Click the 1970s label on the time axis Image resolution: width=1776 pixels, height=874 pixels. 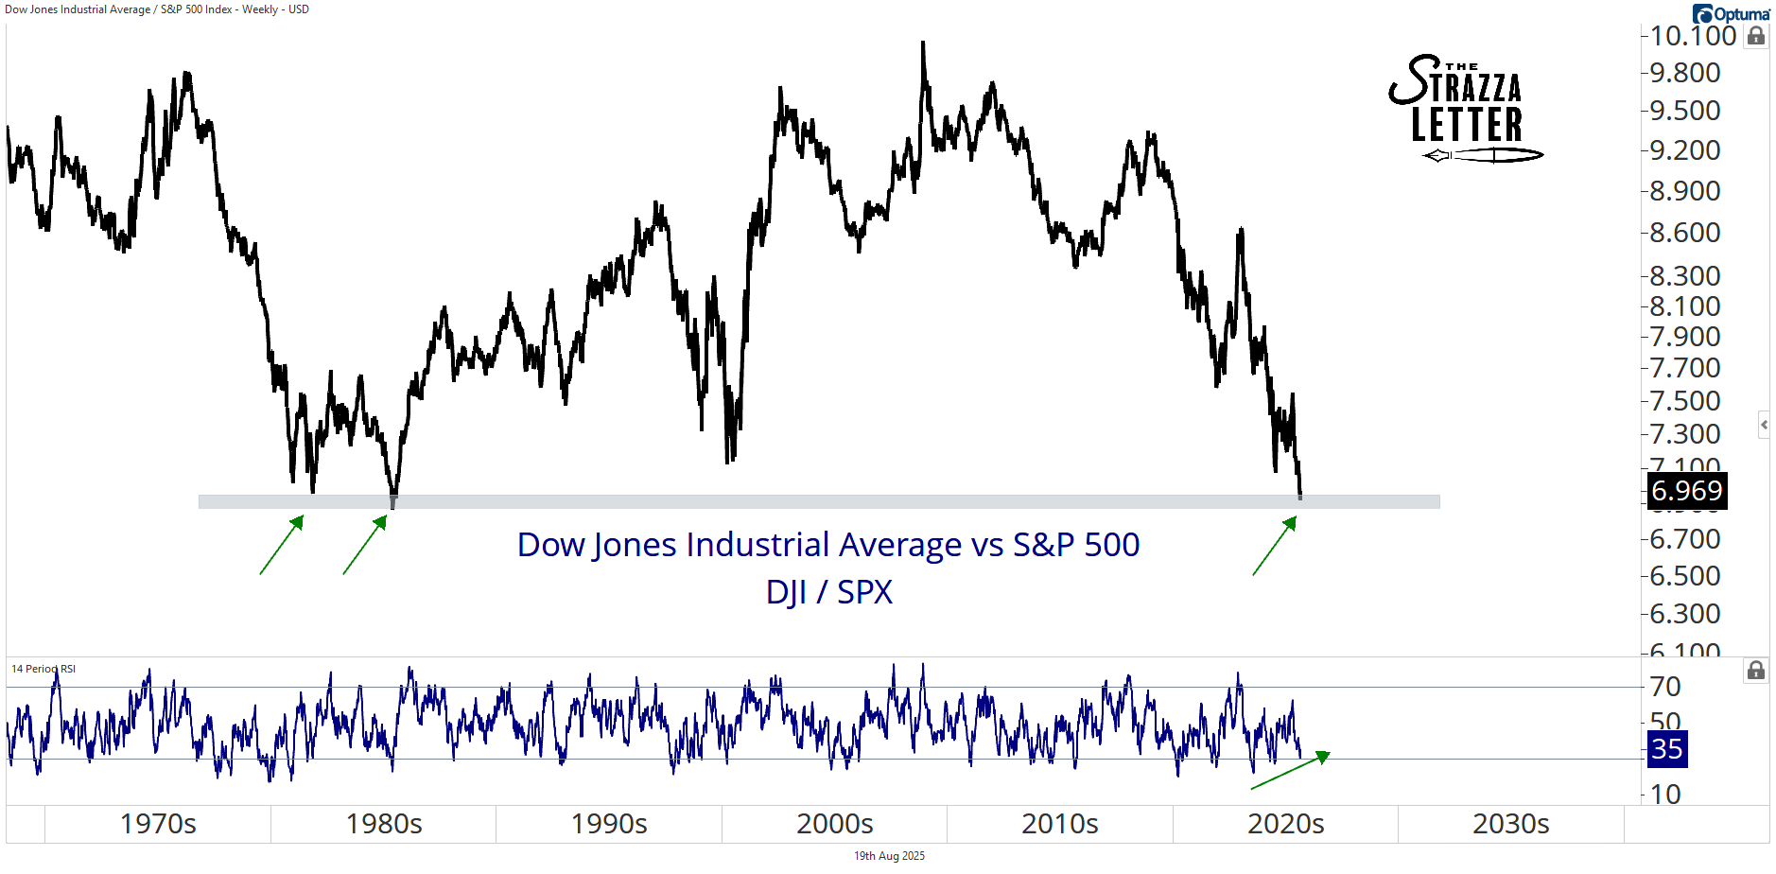pyautogui.click(x=158, y=824)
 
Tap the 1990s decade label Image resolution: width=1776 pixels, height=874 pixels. pyautogui.click(x=609, y=824)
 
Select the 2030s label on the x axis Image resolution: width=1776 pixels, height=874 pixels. pyautogui.click(x=1510, y=824)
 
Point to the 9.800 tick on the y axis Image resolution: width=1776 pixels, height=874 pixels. pyautogui.click(x=1684, y=73)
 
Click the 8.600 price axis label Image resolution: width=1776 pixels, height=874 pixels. pyautogui.click(x=1684, y=233)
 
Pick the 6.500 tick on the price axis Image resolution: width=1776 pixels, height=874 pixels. pyautogui.click(x=1684, y=576)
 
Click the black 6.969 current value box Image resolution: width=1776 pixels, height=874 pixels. pyautogui.click(x=1687, y=491)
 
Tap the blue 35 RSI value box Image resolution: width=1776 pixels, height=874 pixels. pyautogui.click(x=1666, y=749)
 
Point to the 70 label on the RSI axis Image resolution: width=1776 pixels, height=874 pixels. pyautogui.click(x=1665, y=687)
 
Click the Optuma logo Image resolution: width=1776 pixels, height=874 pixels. pyautogui.click(x=1731, y=13)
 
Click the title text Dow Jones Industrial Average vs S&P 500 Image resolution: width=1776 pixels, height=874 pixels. pyautogui.click(x=828, y=545)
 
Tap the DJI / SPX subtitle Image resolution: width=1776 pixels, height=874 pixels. pyautogui.click(x=828, y=592)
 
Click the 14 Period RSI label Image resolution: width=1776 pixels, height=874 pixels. pyautogui.click(x=44, y=669)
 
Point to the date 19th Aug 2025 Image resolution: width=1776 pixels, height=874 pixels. pyautogui.click(x=889, y=856)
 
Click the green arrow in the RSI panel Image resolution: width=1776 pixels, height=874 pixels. pyautogui.click(x=1290, y=770)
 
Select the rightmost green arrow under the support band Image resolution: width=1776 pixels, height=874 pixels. pyautogui.click(x=1274, y=546)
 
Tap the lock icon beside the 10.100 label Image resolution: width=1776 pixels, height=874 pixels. pyautogui.click(x=1756, y=36)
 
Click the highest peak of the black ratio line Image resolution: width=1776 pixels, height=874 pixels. pyautogui.click(x=923, y=43)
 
